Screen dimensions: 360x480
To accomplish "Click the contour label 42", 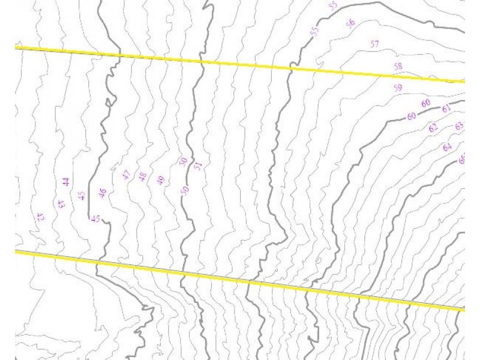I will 40,217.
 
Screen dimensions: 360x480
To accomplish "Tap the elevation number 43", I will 61,204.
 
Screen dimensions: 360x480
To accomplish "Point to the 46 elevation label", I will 102,193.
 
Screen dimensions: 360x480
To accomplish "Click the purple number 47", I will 126,175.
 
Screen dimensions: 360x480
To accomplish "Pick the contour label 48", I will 143,176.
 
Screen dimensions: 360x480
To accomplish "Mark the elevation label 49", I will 161,180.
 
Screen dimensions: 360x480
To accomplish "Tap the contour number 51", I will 198,166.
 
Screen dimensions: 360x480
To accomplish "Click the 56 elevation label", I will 350,23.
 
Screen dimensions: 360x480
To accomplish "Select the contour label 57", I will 375,44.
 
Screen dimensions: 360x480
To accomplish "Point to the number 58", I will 398,66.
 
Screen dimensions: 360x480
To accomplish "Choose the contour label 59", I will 398,88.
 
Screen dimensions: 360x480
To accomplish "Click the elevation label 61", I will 446,109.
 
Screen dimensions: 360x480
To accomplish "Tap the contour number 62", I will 433,128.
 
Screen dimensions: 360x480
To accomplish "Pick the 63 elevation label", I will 459,126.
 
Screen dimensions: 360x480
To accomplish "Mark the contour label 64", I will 447,147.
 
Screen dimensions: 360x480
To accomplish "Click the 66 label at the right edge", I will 461,160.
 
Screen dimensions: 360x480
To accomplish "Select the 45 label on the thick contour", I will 95,218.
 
